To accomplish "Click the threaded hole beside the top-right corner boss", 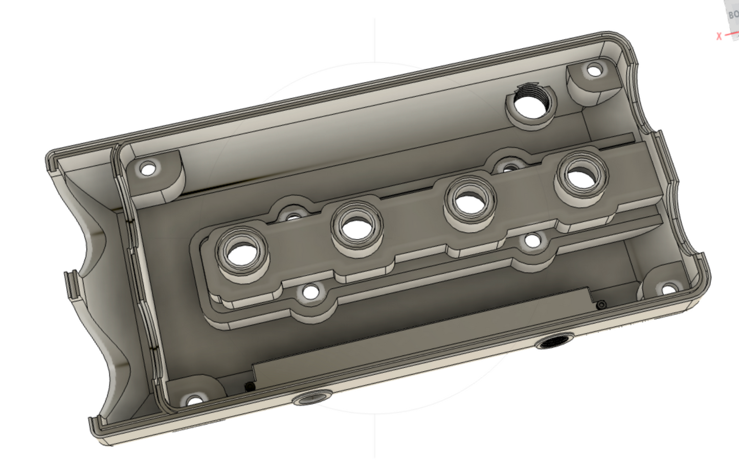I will (x=530, y=104).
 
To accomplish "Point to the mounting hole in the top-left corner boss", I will (x=147, y=168).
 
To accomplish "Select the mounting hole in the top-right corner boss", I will (x=594, y=70).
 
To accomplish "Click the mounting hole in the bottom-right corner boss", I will (x=668, y=290).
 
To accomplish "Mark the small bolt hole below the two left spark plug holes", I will (x=310, y=292).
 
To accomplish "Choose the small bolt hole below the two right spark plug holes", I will (x=532, y=241).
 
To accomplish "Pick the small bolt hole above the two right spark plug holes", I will (x=509, y=167).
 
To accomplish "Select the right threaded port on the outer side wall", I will (x=554, y=341).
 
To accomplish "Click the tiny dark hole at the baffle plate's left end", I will (x=250, y=387).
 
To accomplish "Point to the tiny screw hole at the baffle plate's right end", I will (x=601, y=305).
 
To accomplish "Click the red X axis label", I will (x=719, y=36).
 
